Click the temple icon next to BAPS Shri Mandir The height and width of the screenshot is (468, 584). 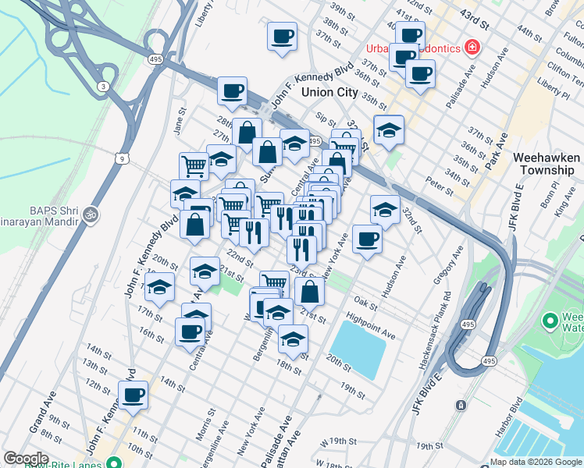coord(91,213)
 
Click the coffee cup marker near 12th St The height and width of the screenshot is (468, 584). coord(133,395)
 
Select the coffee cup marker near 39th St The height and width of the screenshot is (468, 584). coord(282,35)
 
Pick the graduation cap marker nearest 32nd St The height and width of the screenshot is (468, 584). coord(385,209)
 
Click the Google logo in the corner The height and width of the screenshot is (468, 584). coord(27,459)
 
